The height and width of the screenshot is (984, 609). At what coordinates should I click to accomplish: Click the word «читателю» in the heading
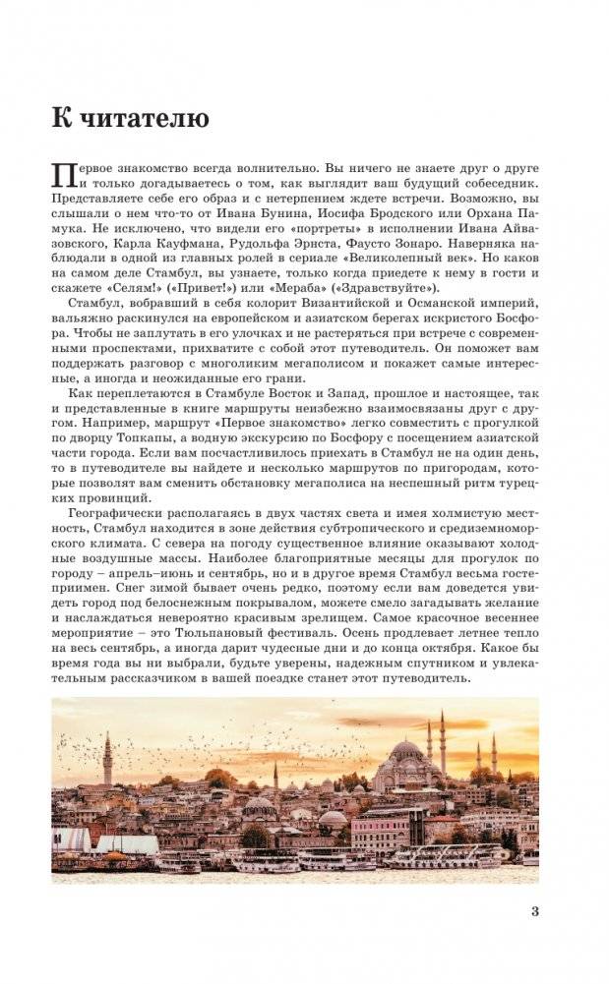point(143,120)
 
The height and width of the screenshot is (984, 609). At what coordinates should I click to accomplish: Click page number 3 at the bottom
point(534,910)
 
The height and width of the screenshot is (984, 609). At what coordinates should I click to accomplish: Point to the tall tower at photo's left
point(107,759)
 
